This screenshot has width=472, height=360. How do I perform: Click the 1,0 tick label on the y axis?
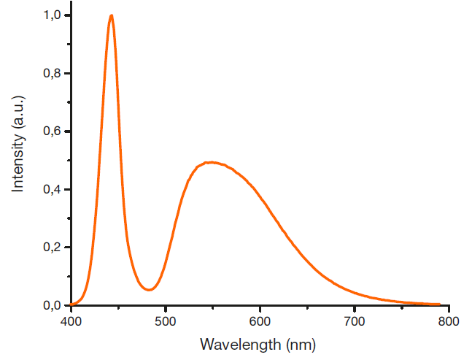coord(50,15)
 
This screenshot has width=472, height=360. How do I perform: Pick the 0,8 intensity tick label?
coord(50,74)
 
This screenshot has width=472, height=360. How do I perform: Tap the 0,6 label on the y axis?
coord(50,131)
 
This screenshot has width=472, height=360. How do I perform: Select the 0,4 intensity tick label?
coord(50,189)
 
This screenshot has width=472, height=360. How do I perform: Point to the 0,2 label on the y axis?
coord(50,248)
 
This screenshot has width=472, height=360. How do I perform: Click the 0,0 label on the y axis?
coord(50,305)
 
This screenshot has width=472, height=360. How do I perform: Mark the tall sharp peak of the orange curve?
coord(111,16)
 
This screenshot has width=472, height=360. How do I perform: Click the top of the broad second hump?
coord(210,162)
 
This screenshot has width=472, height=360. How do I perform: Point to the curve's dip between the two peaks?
coord(149,290)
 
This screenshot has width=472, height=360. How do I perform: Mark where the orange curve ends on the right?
coord(439,305)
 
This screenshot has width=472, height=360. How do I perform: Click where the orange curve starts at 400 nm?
coord(71,305)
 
